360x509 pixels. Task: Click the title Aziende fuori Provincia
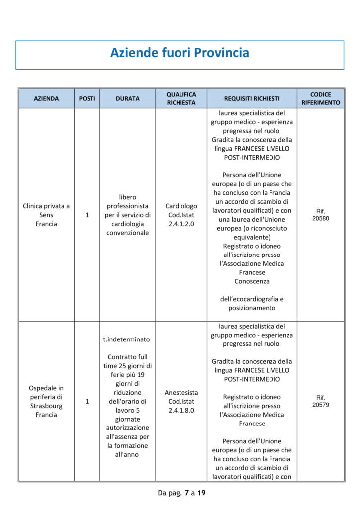(x=180, y=53)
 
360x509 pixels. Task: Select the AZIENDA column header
(x=46, y=99)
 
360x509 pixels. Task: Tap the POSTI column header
(x=87, y=99)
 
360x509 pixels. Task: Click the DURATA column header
(x=128, y=99)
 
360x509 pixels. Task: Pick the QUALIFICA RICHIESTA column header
(x=181, y=99)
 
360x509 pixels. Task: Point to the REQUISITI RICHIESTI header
(x=252, y=99)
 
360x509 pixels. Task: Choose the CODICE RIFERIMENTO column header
(x=321, y=99)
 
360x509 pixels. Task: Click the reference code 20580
(x=321, y=218)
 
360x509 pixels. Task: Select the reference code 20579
(x=321, y=405)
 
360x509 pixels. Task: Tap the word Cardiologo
(x=181, y=206)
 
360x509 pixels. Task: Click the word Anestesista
(x=181, y=392)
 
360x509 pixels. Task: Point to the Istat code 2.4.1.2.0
(x=181, y=224)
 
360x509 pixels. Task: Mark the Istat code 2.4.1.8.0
(x=181, y=410)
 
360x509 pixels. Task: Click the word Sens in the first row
(x=46, y=215)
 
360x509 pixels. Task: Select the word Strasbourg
(x=46, y=406)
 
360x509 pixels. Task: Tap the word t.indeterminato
(x=126, y=339)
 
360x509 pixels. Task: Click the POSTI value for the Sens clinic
(x=87, y=215)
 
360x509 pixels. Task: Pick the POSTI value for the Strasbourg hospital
(x=87, y=401)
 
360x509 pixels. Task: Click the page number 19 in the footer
(x=201, y=493)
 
